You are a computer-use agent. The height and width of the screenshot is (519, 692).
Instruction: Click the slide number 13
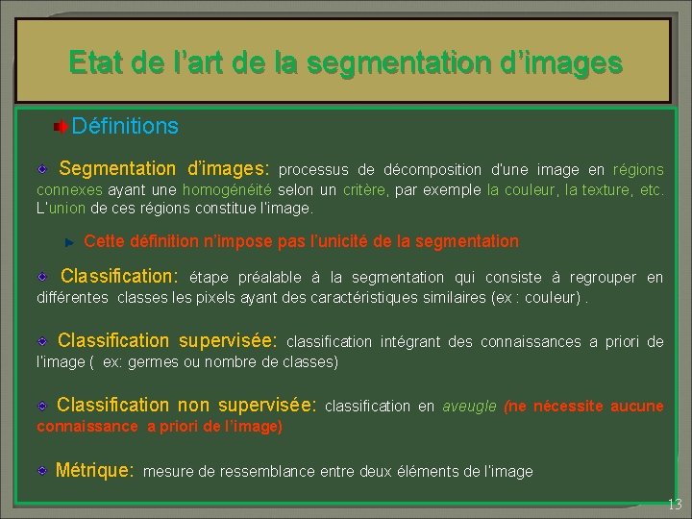point(675,506)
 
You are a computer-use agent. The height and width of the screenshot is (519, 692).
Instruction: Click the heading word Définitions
point(125,126)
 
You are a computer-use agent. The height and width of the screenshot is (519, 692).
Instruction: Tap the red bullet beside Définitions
point(61,127)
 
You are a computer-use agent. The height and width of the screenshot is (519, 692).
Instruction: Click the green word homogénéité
point(227,190)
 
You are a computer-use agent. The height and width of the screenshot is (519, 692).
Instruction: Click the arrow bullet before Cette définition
point(68,241)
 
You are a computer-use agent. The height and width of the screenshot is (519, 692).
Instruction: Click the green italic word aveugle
point(469,407)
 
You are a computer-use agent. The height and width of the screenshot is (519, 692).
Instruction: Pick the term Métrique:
point(94,471)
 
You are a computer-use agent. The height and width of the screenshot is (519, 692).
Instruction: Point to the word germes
point(152,361)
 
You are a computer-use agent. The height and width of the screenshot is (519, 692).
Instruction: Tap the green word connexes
point(69,190)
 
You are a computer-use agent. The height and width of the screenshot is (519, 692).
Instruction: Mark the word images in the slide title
point(580,63)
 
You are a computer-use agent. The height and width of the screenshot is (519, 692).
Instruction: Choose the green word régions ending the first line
point(638,171)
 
